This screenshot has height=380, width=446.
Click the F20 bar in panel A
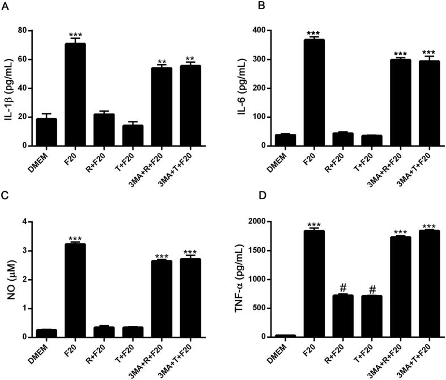click(x=75, y=94)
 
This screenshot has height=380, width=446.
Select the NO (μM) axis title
click(x=8, y=279)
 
